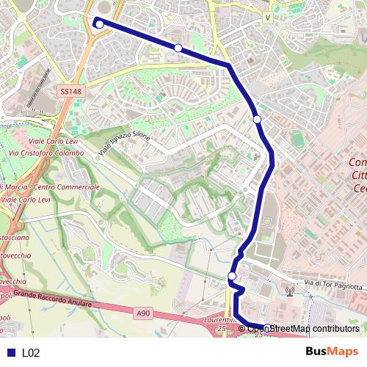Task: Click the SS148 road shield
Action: tap(68, 92)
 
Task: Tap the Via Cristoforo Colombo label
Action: tap(44, 153)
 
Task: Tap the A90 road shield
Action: tap(143, 313)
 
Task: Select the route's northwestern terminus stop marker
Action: tap(99, 23)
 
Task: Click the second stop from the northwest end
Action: tap(178, 48)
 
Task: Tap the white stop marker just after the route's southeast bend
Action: tap(257, 119)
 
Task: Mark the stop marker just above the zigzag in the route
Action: tap(232, 276)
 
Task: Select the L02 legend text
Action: tap(30, 353)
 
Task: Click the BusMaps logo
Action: tap(332, 352)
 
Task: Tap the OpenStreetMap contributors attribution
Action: tap(302, 329)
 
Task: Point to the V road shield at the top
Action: tap(268, 16)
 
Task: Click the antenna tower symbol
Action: tap(290, 290)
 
